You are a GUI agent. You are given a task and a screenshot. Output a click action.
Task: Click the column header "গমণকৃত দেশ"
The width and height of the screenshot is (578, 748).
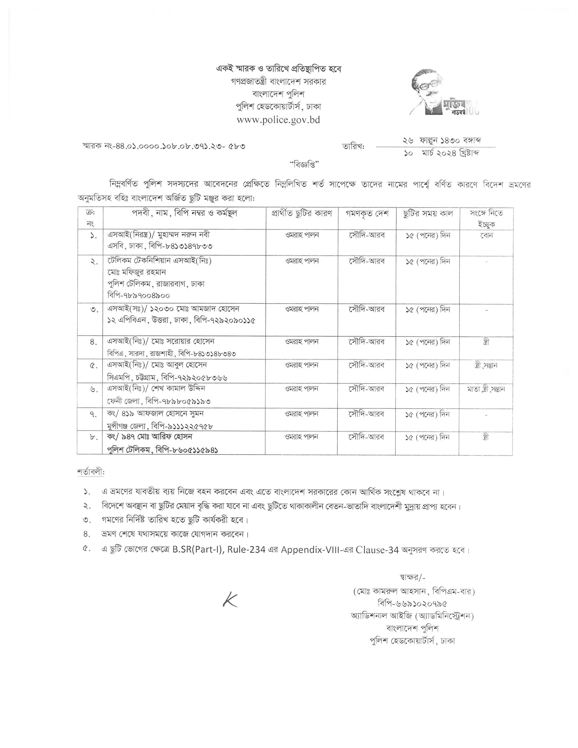[x=367, y=213]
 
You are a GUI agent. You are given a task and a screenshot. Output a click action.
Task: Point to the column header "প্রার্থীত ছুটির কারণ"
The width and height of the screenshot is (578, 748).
[x=302, y=213]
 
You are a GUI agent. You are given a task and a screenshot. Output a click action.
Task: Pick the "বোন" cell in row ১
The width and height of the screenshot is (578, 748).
[x=486, y=236]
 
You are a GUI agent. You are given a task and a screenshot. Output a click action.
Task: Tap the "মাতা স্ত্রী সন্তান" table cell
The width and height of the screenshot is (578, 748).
[x=486, y=389]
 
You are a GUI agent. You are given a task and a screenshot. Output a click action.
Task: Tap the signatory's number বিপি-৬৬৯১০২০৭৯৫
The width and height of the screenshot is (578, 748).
[x=412, y=603]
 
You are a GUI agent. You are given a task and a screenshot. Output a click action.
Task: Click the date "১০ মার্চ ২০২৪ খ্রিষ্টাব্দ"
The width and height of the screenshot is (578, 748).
[x=441, y=153]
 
